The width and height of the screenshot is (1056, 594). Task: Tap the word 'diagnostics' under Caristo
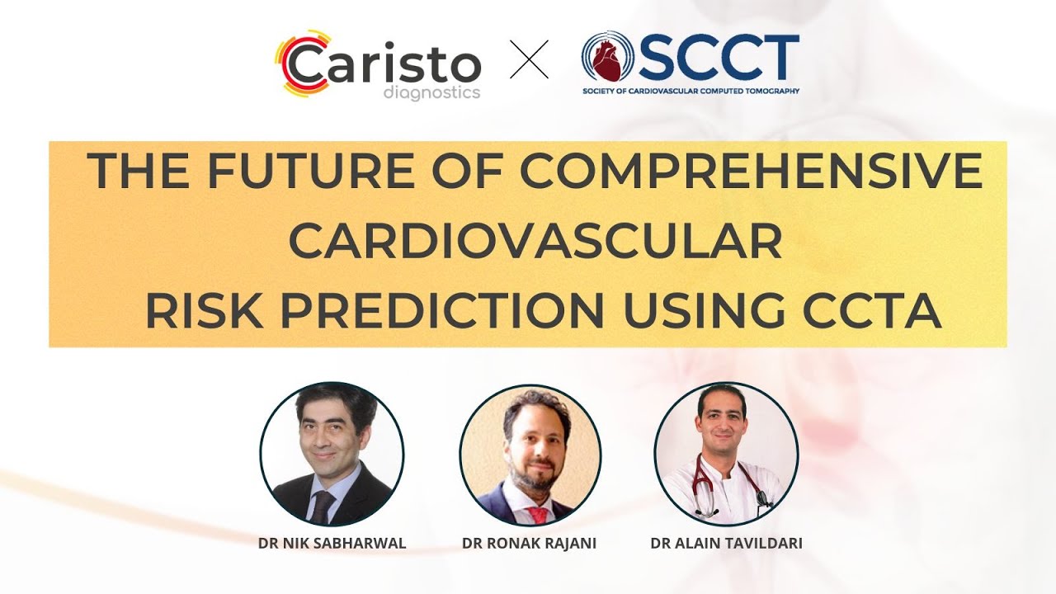coord(431,92)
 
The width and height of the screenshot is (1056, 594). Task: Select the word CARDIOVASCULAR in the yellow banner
coord(535,242)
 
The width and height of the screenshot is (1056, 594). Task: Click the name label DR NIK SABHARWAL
coord(332,544)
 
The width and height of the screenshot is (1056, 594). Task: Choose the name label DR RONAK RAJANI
coord(530,544)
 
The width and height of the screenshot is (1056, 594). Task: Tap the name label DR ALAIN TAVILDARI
coord(725,544)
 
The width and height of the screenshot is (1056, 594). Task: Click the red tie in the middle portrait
coord(539,516)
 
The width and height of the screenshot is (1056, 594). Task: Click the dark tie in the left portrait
coord(322,505)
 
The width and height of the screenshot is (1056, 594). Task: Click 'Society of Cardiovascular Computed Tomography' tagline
coord(690,91)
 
